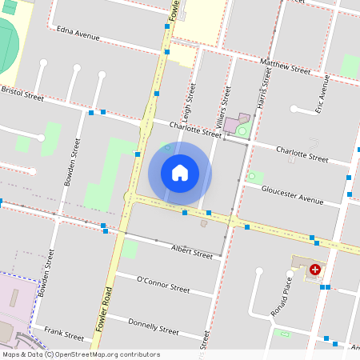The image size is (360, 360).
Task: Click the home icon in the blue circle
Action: pyautogui.click(x=180, y=173)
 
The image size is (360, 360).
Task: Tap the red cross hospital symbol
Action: pyautogui.click(x=315, y=270)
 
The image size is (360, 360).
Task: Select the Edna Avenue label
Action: pyautogui.click(x=78, y=33)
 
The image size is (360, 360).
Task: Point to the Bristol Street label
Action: pyautogui.click(x=22, y=93)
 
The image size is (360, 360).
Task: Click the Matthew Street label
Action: pyautogui.click(x=285, y=66)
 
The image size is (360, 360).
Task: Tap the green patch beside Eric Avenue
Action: pyautogui.click(x=350, y=66)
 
